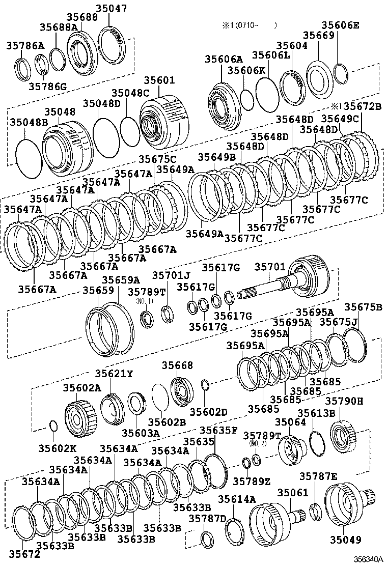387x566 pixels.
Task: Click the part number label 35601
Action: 159,80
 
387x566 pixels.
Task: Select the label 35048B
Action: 29,122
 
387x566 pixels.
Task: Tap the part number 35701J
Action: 171,275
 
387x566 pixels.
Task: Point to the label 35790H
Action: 344,401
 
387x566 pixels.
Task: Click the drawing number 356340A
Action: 368,559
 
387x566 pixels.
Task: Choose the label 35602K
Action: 58,448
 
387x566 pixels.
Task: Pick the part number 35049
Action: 345,540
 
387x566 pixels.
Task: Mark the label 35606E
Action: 341,25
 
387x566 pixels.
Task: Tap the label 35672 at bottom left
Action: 24,553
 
